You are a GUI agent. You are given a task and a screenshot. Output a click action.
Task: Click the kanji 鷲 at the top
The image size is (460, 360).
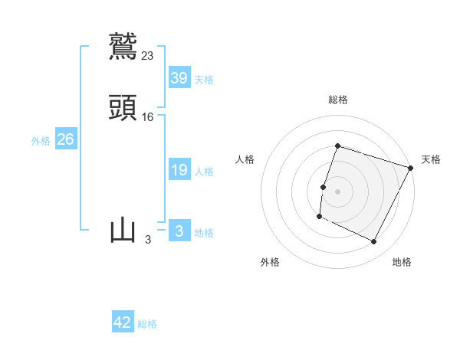[x=123, y=46]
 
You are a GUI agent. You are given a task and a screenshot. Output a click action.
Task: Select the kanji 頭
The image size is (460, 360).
[x=123, y=108]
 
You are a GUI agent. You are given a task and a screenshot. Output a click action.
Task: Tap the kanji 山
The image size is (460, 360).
[x=123, y=231]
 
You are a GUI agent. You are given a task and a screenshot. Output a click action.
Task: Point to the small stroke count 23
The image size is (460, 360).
[x=148, y=55]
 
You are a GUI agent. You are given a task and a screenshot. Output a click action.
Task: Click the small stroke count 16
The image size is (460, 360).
[x=148, y=116]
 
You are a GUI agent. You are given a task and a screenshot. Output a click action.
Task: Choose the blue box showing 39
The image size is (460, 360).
[x=179, y=77]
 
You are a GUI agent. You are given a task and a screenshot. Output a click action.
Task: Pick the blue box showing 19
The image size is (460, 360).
[x=179, y=170]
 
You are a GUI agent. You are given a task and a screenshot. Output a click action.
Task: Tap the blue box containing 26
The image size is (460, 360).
[x=66, y=139]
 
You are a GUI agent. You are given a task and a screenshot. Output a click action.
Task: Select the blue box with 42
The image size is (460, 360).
[x=123, y=322]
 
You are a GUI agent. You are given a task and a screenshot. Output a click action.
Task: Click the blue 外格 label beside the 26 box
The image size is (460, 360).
[x=41, y=141]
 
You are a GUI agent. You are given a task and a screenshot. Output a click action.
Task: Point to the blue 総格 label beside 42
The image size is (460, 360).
[x=147, y=324]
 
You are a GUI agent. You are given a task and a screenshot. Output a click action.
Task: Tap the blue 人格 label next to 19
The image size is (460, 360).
[x=204, y=172]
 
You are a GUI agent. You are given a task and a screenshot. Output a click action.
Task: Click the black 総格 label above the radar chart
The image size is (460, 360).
[x=338, y=100]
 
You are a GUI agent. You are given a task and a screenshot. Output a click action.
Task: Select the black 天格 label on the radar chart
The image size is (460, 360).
[x=431, y=159]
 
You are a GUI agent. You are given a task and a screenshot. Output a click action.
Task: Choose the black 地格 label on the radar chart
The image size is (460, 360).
[x=402, y=262]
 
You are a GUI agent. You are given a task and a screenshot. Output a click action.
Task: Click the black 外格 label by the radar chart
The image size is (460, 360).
[x=270, y=262]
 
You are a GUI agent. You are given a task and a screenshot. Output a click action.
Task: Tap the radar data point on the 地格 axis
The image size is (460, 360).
[x=374, y=242]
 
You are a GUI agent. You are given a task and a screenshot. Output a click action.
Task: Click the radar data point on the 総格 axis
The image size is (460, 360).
[x=337, y=146]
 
